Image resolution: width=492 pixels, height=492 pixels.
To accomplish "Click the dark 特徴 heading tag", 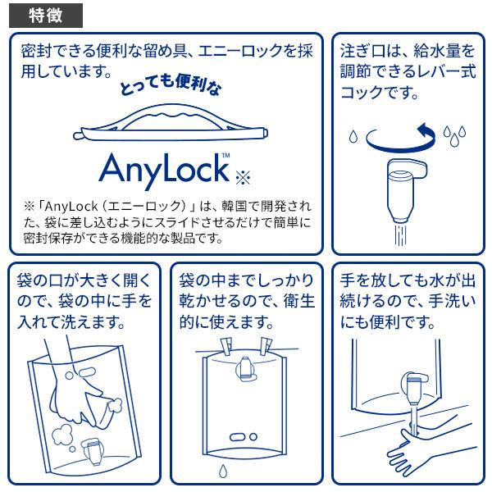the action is pyautogui.click(x=46, y=16).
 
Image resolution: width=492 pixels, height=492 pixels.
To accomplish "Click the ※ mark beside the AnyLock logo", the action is pyautogui.click(x=243, y=178).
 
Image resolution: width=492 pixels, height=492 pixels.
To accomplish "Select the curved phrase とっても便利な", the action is pyautogui.click(x=171, y=84).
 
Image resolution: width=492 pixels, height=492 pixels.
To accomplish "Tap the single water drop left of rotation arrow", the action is pyautogui.click(x=353, y=136).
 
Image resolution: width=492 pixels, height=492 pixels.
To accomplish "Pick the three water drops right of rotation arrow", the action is pyautogui.click(x=454, y=135).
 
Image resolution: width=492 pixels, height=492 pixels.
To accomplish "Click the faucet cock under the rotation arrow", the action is pyautogui.click(x=405, y=191).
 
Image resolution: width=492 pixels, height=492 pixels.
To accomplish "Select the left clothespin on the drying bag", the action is pyautogui.click(x=226, y=346).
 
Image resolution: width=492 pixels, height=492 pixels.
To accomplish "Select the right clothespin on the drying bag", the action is pyautogui.click(x=266, y=345).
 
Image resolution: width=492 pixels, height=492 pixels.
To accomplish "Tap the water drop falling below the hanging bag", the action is pyautogui.click(x=223, y=471).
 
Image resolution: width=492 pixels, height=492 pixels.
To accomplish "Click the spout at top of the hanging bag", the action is pyautogui.click(x=246, y=369).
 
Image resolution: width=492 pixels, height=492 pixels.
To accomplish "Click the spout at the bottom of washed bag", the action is pyautogui.click(x=92, y=451).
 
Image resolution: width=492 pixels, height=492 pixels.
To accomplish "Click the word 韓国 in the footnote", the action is pyautogui.click(x=234, y=206).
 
